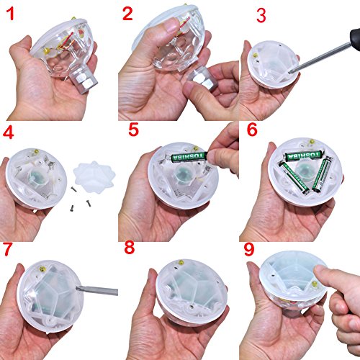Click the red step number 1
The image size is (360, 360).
(10, 14)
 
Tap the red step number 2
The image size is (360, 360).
(127, 14)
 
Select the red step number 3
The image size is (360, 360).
(261, 16)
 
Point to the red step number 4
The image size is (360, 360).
(8, 132)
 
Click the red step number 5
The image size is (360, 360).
(133, 130)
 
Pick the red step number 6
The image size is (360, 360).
(252, 130)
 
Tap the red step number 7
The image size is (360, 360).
(7, 249)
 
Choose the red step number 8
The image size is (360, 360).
(130, 248)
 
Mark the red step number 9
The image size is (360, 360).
(249, 249)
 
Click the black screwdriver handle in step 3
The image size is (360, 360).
(356, 38)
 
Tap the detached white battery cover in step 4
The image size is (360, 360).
(94, 178)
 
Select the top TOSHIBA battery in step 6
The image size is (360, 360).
(303, 156)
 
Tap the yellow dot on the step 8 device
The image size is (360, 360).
(181, 262)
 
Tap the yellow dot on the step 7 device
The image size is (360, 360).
(43, 269)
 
